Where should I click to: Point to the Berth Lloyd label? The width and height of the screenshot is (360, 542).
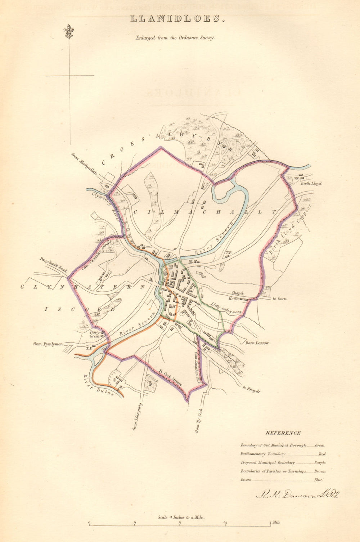coord(311,183)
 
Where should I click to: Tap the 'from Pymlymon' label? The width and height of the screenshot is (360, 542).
coord(48,344)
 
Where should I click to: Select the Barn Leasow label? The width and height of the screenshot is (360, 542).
coord(257,343)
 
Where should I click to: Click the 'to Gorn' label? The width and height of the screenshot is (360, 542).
coord(279,299)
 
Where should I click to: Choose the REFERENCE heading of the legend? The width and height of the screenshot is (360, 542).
coord(283,433)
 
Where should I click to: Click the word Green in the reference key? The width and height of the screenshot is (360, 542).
coord(320,445)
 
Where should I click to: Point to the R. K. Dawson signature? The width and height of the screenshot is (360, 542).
coord(297,495)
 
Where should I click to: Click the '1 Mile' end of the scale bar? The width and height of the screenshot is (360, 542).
coord(274,523)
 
